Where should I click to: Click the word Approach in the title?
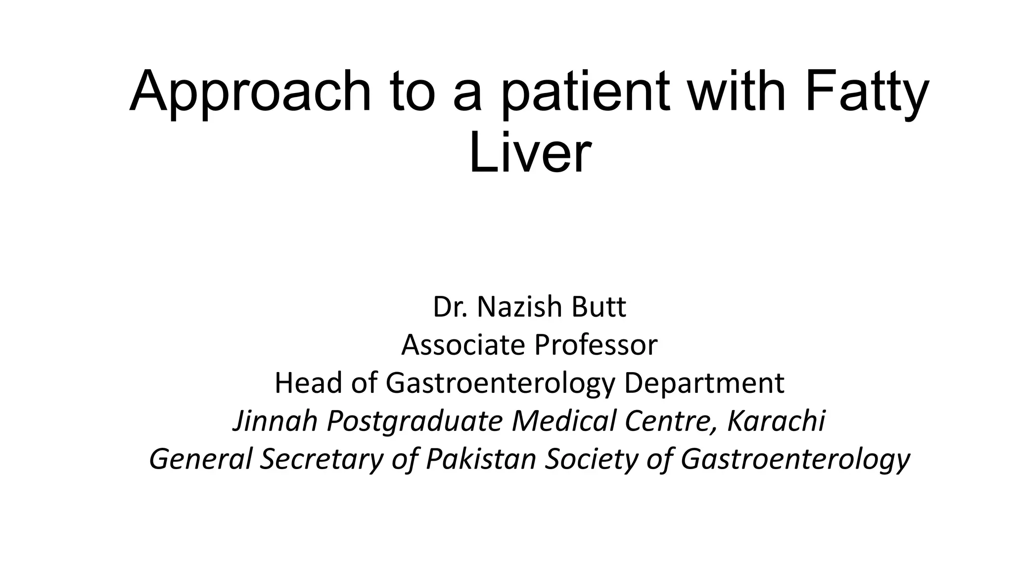[x=250, y=93]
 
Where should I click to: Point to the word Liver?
[x=530, y=154]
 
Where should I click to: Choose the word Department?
[x=704, y=383]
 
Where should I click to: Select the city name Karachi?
[x=776, y=421]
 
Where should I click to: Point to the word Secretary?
[x=322, y=459]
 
